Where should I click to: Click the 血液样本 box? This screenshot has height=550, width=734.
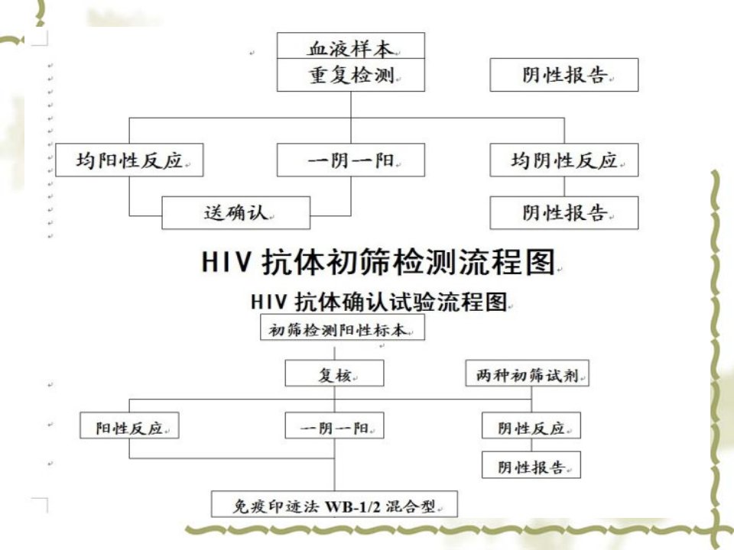coord(351,46)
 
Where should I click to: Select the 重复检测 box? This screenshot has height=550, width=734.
coord(351,75)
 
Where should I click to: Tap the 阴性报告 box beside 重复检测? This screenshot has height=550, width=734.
coord(564,75)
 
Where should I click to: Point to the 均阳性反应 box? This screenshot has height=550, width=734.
coord(129,160)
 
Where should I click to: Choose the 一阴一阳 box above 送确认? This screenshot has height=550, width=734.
coord(351,160)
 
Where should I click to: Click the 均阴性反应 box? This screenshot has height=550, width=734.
coord(564,160)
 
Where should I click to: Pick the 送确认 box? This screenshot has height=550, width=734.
coord(236,213)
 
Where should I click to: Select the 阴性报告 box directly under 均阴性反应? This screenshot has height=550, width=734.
coord(564,213)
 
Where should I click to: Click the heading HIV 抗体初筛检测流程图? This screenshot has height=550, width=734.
coord(379,261)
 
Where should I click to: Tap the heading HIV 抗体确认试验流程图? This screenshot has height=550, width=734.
coord(379,302)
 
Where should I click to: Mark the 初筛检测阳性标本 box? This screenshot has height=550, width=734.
coord(343,327)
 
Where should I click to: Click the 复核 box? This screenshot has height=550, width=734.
coord(334,374)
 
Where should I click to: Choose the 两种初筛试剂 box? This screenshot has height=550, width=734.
coord(527,374)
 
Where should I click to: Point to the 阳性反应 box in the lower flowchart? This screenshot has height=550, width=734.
coord(129,425)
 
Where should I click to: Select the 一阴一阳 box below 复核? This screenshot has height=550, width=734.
coord(334,425)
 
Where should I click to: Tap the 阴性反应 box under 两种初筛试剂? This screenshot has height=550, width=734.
coord(531,425)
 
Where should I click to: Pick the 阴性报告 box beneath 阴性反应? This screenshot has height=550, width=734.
coord(531,465)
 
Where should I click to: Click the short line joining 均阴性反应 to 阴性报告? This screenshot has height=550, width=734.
coord(564,186)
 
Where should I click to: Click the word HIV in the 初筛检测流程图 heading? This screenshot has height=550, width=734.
coord(226,261)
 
